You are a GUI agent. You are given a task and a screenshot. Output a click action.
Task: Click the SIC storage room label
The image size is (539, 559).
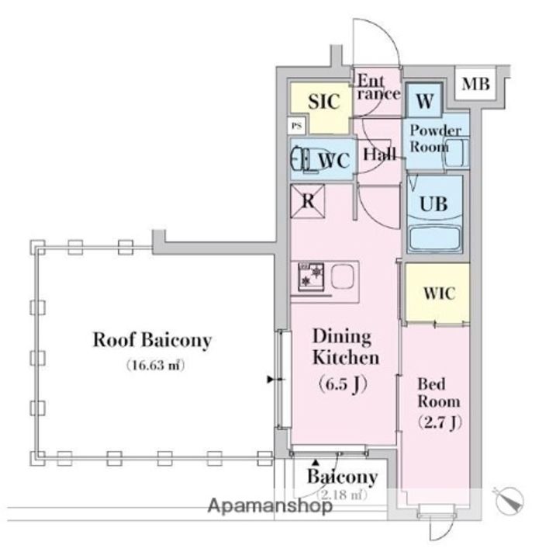(322, 102)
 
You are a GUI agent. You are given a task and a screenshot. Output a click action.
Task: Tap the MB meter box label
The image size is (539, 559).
(475, 84)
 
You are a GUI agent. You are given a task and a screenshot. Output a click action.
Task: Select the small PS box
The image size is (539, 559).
(295, 124)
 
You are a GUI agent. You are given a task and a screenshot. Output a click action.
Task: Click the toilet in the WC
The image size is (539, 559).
(301, 160)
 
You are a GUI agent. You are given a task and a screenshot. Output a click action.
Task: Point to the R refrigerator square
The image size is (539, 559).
(308, 201)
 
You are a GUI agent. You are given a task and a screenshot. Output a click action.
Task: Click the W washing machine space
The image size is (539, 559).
(423, 101)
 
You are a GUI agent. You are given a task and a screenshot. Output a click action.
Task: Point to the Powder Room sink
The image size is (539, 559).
(455, 153)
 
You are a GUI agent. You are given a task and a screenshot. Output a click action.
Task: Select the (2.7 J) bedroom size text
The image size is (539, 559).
(439, 422)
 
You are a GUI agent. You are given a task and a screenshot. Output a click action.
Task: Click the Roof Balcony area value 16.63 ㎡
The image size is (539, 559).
(155, 365)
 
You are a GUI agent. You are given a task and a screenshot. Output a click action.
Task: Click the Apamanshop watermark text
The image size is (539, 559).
(269, 506)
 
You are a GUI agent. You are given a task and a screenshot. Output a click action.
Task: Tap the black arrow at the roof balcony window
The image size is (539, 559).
(271, 380)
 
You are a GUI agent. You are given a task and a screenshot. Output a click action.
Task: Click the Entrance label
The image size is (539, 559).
(378, 86)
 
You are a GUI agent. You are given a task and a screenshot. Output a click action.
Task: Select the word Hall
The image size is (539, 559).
(378, 153)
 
